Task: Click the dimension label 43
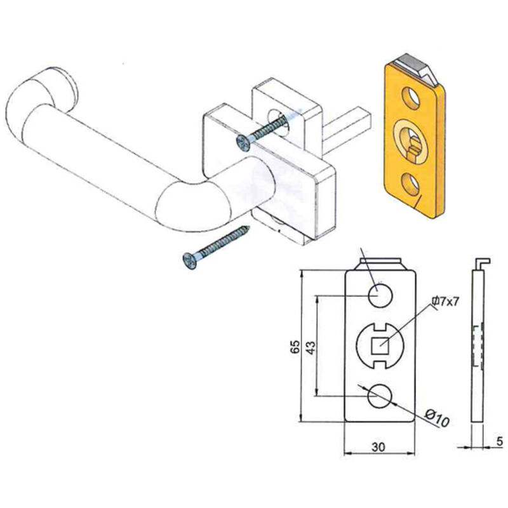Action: tap(311, 347)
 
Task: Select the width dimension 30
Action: tap(378, 447)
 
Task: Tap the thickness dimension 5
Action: tap(499, 441)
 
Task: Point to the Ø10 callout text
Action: tap(437, 418)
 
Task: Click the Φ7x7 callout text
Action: tap(446, 302)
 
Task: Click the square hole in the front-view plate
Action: tap(380, 345)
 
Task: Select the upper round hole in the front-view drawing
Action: tap(380, 295)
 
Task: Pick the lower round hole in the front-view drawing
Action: tap(380, 396)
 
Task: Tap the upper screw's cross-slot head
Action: tap(243, 143)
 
